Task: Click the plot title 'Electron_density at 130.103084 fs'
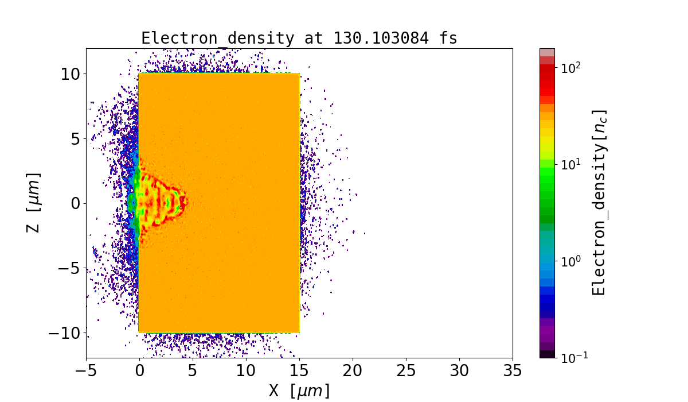click(x=299, y=38)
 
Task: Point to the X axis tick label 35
click(x=513, y=370)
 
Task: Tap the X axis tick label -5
click(x=86, y=370)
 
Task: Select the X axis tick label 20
click(x=353, y=370)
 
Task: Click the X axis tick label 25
click(x=406, y=370)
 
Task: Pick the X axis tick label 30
click(x=459, y=370)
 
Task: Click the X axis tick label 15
click(x=299, y=370)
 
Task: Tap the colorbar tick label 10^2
click(x=572, y=67)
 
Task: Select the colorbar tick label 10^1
click(x=572, y=164)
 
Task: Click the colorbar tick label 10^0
click(x=572, y=261)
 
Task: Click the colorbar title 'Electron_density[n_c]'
click(x=599, y=202)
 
